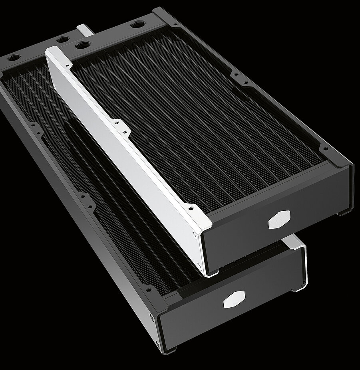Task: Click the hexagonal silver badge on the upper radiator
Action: point(279,219)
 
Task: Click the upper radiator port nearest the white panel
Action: point(82,44)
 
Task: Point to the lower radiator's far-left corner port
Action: point(12,57)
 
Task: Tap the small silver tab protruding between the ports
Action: point(84,30)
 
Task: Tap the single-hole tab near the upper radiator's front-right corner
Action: point(326,149)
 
